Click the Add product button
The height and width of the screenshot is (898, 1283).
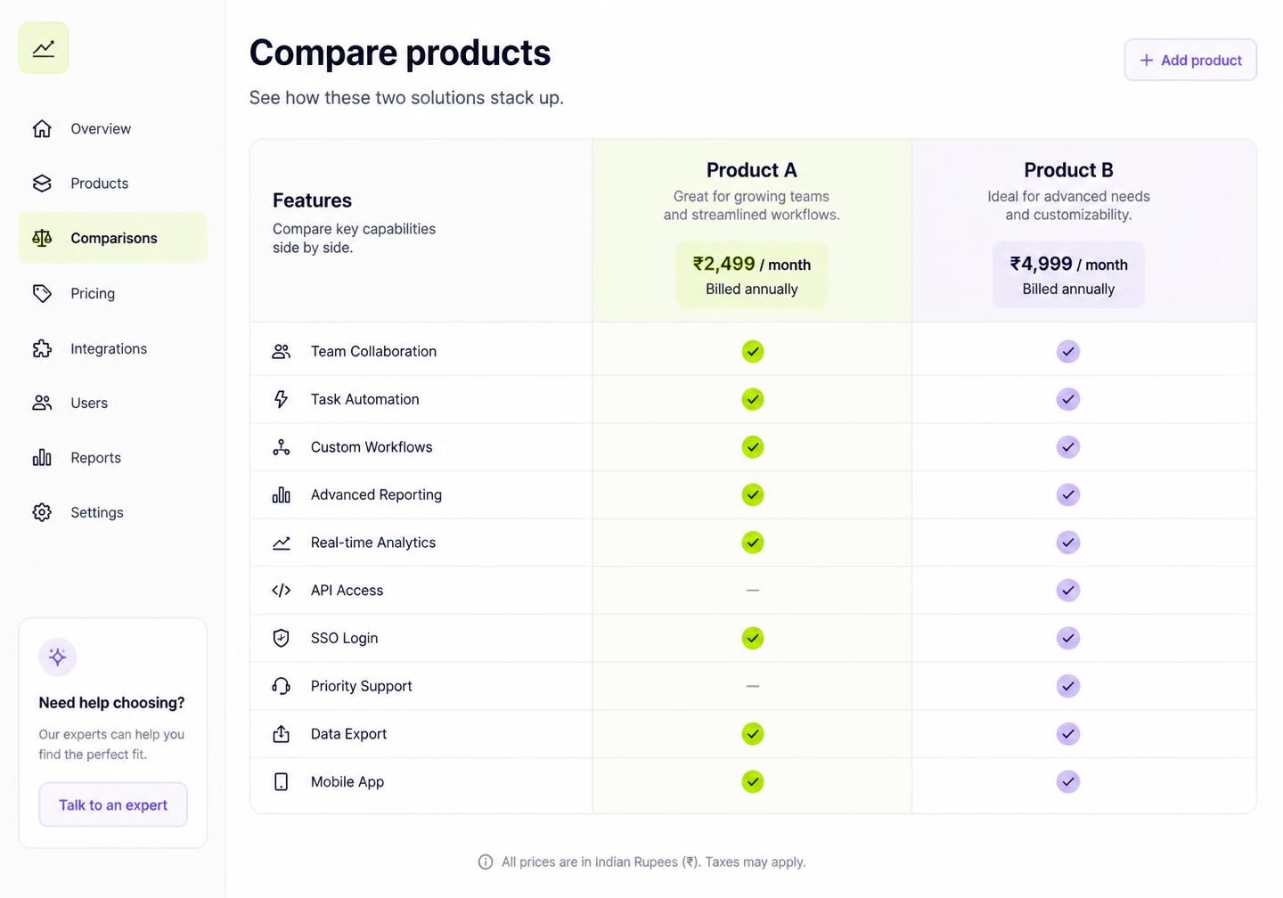pyautogui.click(x=1190, y=61)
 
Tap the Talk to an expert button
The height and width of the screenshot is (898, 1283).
pyautogui.click(x=113, y=804)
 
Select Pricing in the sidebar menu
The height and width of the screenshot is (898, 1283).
pyautogui.click(x=93, y=293)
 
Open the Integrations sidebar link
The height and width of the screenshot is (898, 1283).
pyautogui.click(x=109, y=348)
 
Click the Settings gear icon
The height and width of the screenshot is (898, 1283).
pyautogui.click(x=42, y=512)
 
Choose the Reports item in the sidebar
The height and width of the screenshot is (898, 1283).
pyautogui.click(x=95, y=458)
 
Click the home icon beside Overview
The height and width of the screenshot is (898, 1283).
pyautogui.click(x=42, y=128)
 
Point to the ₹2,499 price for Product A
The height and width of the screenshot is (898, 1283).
pyautogui.click(x=723, y=264)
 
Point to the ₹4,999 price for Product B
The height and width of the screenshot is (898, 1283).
pyautogui.click(x=1041, y=264)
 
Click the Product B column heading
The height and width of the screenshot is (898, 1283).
pyautogui.click(x=1068, y=170)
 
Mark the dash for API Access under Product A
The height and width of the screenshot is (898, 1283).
pyautogui.click(x=753, y=590)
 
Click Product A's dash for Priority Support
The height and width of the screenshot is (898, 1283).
pyautogui.click(x=753, y=686)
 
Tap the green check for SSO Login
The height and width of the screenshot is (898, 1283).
pyautogui.click(x=753, y=638)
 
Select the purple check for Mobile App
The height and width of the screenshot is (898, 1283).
pyautogui.click(x=1068, y=781)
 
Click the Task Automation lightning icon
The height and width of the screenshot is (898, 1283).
pyautogui.click(x=281, y=399)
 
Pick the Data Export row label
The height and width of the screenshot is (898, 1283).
pyautogui.click(x=348, y=734)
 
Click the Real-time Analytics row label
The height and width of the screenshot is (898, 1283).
pyautogui.click(x=372, y=543)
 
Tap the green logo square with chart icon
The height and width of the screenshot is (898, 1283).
pyautogui.click(x=44, y=48)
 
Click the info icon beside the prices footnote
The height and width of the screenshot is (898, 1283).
pyautogui.click(x=485, y=862)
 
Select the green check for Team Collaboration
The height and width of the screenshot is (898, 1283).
pyautogui.click(x=753, y=351)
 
